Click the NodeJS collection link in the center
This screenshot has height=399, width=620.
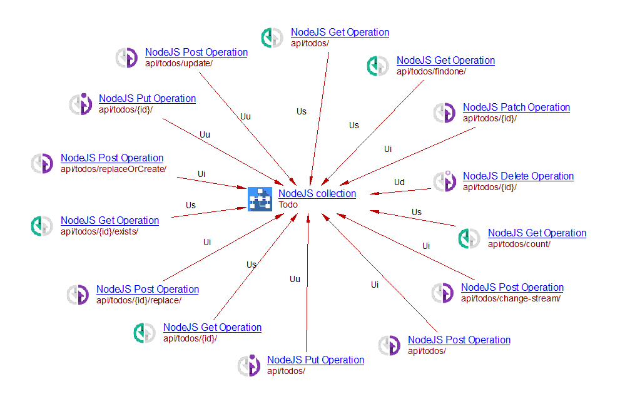317,194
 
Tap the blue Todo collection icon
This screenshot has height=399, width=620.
259,199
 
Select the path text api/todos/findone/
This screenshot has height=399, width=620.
431,71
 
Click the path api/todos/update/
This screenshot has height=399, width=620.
179,63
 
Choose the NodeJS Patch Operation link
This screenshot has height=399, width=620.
516,108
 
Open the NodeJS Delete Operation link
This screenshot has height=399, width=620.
518,176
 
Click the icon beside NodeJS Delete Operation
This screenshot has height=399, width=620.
445,181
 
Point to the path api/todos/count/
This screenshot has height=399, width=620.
519,244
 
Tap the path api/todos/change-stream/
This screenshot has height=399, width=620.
511,298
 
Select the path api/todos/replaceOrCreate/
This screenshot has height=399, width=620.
113,169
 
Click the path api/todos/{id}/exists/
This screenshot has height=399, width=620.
99,231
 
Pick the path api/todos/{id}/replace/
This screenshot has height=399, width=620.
139,300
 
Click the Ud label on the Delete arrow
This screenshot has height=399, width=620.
399,183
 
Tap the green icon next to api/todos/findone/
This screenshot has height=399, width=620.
378,66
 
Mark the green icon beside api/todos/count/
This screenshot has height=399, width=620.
469,238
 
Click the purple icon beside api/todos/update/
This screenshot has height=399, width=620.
127,58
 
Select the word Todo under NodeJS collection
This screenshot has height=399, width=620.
288,205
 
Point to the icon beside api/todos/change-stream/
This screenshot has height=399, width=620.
443,293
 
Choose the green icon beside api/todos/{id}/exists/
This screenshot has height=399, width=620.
42,226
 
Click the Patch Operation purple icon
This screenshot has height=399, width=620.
445,113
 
